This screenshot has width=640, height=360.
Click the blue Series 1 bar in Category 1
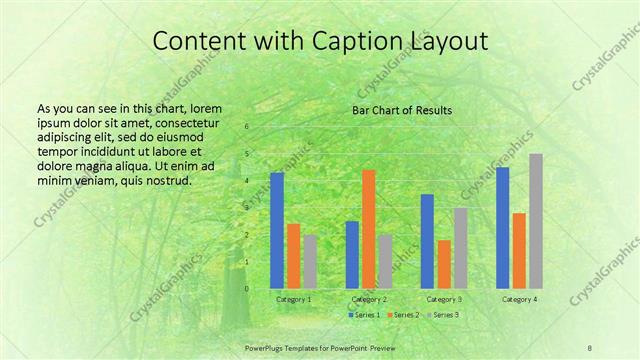coord(277,230)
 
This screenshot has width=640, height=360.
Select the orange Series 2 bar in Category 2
coord(369,229)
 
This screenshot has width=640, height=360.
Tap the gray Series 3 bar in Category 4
coord(536,221)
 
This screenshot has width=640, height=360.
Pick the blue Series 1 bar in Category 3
coord(427,241)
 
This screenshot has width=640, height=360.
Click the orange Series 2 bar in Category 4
coord(519,250)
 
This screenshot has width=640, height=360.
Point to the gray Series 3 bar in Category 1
coord(311,262)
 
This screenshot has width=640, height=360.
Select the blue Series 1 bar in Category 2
coord(352,254)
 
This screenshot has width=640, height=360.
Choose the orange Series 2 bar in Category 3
coord(444,264)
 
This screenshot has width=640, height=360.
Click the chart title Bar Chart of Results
coord(402,110)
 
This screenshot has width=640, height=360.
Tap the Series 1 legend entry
coord(362,315)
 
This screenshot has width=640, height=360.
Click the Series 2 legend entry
coord(403,315)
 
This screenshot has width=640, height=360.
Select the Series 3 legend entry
coord(445,315)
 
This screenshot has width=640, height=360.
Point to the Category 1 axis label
coord(294,299)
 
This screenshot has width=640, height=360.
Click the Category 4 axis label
coord(519,299)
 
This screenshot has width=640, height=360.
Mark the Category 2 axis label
coord(369,299)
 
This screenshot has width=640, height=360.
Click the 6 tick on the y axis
coord(247,128)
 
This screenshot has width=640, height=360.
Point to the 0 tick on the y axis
coord(247,289)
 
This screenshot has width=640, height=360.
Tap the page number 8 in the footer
coord(589,346)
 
